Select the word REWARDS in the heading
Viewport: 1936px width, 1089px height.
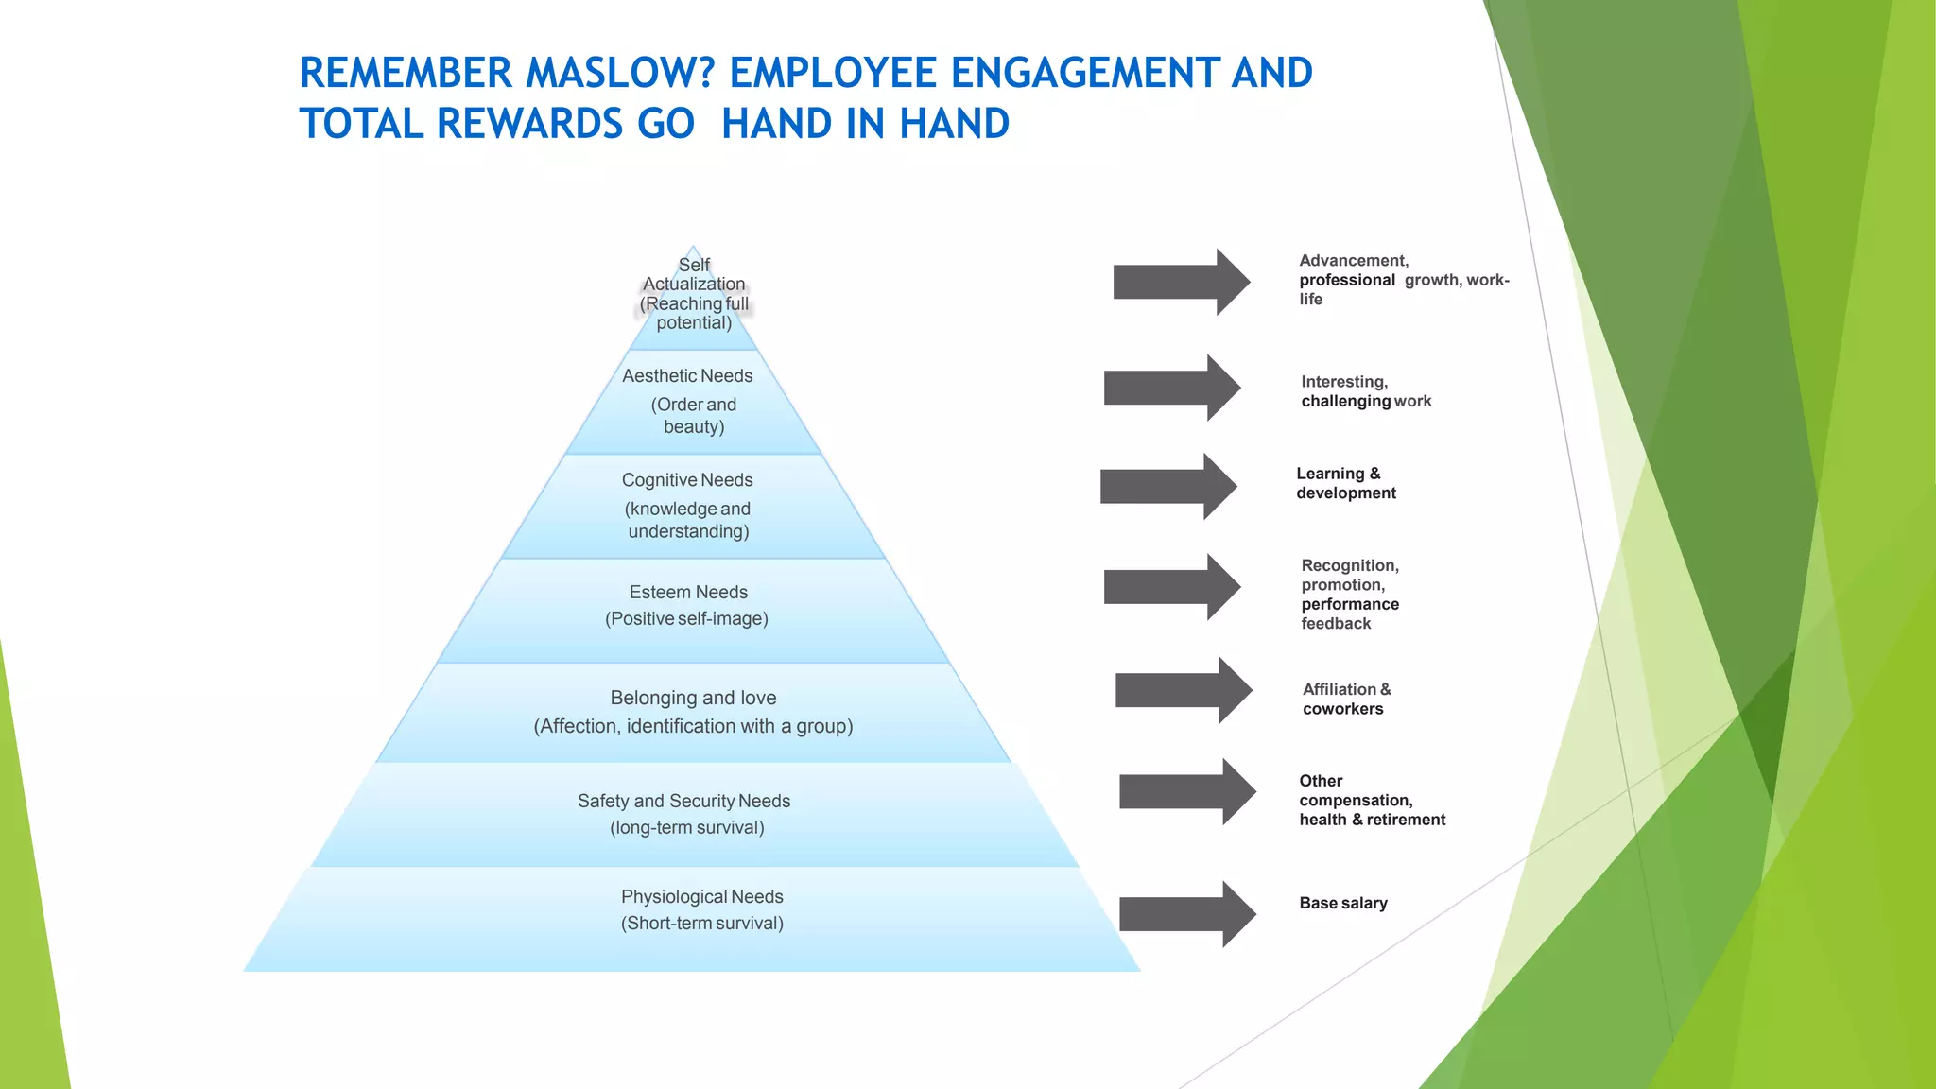[530, 124]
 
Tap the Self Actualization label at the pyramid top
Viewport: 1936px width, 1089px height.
[694, 274]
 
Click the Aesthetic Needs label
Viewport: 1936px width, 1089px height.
[687, 376]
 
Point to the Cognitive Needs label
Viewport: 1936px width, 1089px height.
[687, 480]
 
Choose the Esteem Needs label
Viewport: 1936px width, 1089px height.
[688, 593]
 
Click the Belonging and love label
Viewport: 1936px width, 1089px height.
[693, 698]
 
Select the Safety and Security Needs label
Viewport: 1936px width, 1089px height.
[683, 802]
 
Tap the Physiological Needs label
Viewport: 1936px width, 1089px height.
[701, 896]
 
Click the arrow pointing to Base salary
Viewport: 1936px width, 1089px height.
[1187, 914]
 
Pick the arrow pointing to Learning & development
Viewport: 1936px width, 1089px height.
[1168, 486]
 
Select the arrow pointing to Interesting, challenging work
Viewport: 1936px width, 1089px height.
[1172, 388]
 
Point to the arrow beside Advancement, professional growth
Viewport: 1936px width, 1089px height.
[1182, 282]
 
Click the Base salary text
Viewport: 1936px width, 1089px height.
[1343, 904]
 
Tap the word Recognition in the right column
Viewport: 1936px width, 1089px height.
[1349, 566]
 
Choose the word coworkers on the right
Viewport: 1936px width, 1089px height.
[1342, 709]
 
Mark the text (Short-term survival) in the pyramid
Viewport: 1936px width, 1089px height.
[701, 924]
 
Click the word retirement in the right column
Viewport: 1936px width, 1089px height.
[1406, 820]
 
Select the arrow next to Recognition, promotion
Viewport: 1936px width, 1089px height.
[1172, 587]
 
